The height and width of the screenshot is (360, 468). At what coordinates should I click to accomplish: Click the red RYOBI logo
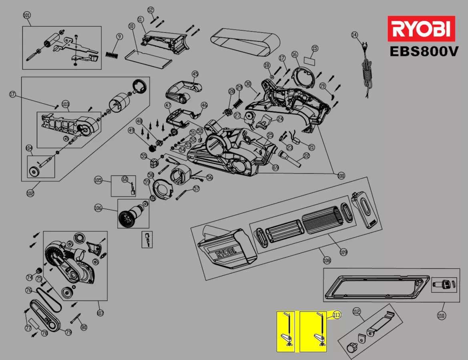coord(421,28)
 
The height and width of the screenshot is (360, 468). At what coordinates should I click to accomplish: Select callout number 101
coord(27,16)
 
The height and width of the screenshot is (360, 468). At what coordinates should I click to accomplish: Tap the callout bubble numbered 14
coord(354,35)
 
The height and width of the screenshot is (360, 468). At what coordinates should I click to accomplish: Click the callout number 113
coord(336,315)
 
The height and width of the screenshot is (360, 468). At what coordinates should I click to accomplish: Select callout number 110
coord(441,316)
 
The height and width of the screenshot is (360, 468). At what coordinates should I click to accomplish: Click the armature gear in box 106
coord(127,218)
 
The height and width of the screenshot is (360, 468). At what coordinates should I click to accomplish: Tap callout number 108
coord(327,260)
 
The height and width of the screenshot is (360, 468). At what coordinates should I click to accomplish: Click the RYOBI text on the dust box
coord(225,254)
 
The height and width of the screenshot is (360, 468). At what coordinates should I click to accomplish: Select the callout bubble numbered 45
coord(195,74)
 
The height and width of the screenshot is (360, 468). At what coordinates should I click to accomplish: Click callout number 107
coord(100,313)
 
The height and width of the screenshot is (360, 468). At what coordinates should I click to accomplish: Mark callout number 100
coord(341,175)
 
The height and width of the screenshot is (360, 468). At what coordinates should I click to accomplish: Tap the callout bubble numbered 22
coord(307,156)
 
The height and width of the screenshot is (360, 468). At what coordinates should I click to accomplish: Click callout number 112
coord(357,312)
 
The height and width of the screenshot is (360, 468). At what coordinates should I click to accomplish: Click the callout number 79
coord(68,332)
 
